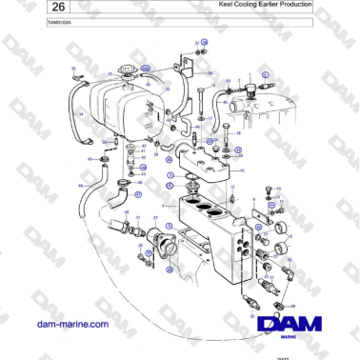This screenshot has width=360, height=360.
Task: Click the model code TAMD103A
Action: [x=32, y=22]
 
